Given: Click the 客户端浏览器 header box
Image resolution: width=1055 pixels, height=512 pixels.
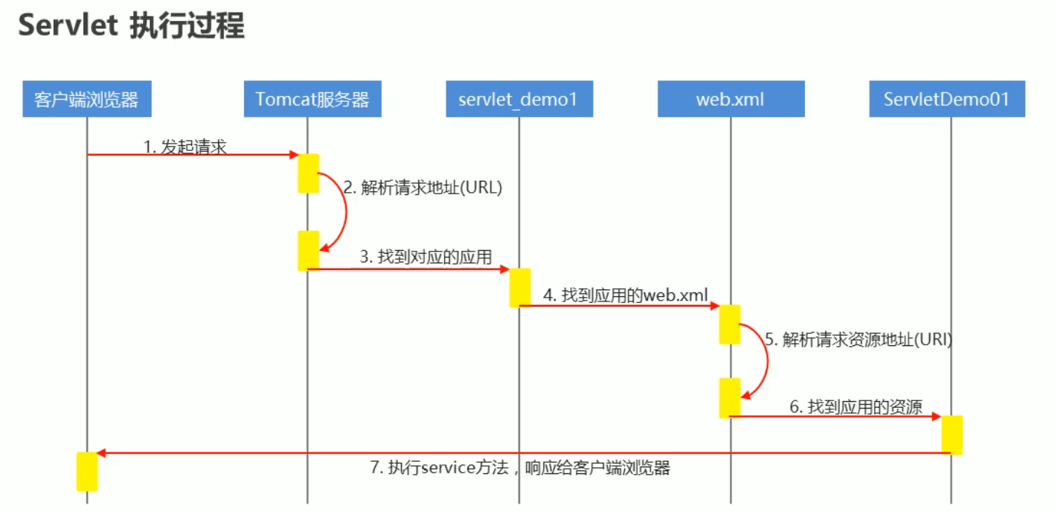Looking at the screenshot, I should (x=86, y=99).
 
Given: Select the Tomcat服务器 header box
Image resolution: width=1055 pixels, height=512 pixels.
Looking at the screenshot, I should (x=312, y=99).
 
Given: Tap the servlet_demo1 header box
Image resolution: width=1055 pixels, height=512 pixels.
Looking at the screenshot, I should (x=519, y=99).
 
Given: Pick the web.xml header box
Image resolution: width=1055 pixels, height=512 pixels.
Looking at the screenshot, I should (x=730, y=99).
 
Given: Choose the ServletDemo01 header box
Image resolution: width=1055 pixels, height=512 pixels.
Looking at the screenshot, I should (x=946, y=99).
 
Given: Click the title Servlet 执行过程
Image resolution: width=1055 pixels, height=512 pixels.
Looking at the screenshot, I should (x=131, y=26).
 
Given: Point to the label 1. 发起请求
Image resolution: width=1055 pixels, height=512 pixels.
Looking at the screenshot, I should (x=185, y=147).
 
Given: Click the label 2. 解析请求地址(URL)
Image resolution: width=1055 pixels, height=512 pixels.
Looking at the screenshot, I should (x=423, y=188).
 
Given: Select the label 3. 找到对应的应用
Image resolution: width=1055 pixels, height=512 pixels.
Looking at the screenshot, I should (x=426, y=257).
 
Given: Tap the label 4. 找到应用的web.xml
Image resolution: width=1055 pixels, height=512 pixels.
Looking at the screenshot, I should (x=625, y=295).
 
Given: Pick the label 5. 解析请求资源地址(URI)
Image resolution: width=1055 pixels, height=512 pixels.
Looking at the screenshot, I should (x=859, y=339).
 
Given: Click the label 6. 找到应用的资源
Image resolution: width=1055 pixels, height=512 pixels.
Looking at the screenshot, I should (x=856, y=407).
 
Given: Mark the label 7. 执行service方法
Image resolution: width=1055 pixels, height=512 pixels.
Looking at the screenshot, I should (x=520, y=468).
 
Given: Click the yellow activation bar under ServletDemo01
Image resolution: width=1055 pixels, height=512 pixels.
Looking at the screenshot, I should (x=952, y=435).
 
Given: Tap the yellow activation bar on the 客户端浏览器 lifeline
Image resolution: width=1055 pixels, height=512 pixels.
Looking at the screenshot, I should (x=87, y=471).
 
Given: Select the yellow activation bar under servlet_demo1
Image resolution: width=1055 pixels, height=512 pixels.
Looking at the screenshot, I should (x=519, y=287).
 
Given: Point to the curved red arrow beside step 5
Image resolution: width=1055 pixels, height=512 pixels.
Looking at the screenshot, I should (x=766, y=361).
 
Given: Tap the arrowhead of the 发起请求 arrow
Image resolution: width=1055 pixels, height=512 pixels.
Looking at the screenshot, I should (x=294, y=155).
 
